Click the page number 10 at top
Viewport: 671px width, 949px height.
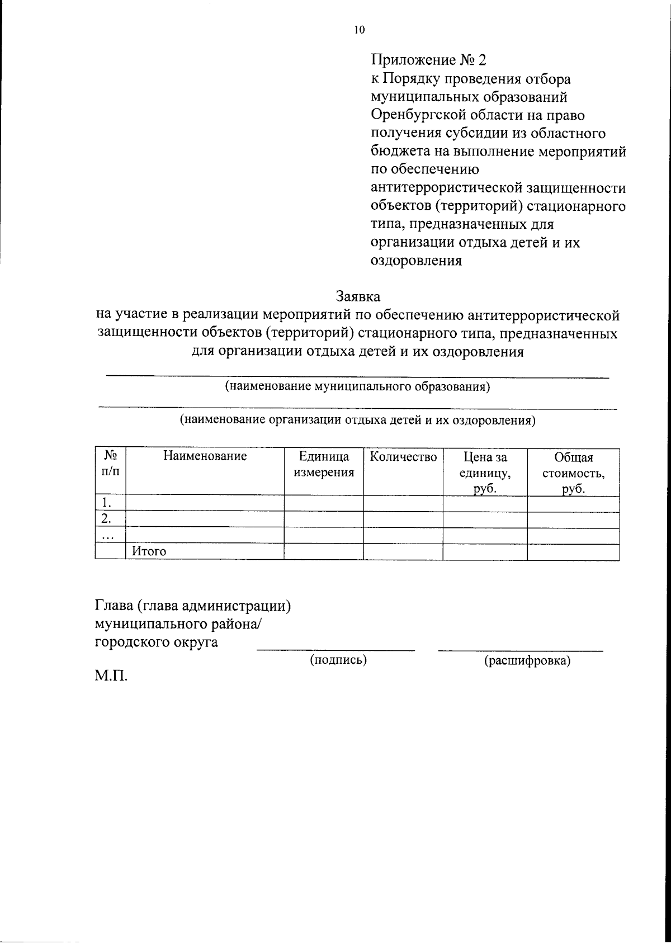359,30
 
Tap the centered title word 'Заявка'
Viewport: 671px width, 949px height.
358,296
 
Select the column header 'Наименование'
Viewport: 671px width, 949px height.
205,456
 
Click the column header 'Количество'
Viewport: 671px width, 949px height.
403,457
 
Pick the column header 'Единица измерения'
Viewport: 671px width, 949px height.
324,465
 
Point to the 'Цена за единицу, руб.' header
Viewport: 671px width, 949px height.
485,473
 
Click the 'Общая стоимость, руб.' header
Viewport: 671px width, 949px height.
573,473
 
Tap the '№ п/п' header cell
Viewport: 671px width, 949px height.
110,464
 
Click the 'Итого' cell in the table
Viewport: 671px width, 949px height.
149,552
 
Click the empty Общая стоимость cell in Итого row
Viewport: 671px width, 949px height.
573,552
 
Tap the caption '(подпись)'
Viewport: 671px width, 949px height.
338,660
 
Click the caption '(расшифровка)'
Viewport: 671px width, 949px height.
527,662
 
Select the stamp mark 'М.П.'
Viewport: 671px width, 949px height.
111,678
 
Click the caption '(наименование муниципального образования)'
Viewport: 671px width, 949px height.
357,387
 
